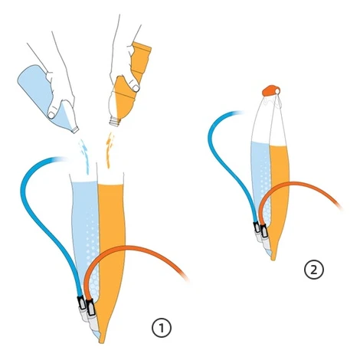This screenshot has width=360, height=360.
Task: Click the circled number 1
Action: coord(162,328)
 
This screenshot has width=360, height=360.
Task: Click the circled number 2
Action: coord(314,270)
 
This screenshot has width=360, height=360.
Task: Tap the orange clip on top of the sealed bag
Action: coord(271,91)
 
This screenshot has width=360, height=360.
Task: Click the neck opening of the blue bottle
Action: coord(75,129)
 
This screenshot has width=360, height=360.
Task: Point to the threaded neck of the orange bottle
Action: coord(115,121)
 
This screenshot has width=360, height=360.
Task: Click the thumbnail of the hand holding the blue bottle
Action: coord(51,115)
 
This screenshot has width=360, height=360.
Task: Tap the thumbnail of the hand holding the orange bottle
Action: coord(136,88)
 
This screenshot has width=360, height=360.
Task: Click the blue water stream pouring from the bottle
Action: coord(84,156)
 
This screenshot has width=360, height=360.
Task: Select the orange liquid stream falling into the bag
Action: coord(110,150)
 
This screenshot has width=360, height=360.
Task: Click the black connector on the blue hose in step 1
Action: coord(81,303)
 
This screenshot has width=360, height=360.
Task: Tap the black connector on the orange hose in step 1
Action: coord(90,308)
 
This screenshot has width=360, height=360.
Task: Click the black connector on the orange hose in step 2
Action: coord(263,231)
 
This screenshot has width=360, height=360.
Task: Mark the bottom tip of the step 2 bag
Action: coord(273,260)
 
